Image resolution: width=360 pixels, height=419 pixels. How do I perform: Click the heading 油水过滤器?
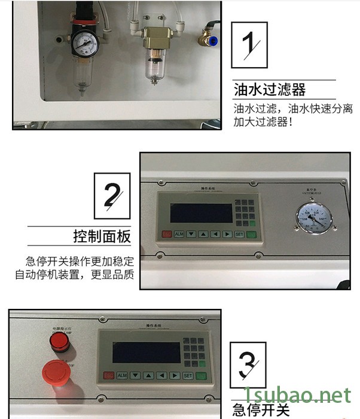click(x=270, y=90)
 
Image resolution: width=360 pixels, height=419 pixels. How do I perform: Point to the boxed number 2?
click(x=112, y=196)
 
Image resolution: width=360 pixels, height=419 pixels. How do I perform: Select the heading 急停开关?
click(x=261, y=410)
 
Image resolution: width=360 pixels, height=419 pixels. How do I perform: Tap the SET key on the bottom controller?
click(x=188, y=375)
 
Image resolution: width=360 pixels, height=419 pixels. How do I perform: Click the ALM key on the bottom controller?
click(x=122, y=375)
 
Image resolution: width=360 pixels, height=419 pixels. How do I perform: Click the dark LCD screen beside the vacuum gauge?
click(x=201, y=213)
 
